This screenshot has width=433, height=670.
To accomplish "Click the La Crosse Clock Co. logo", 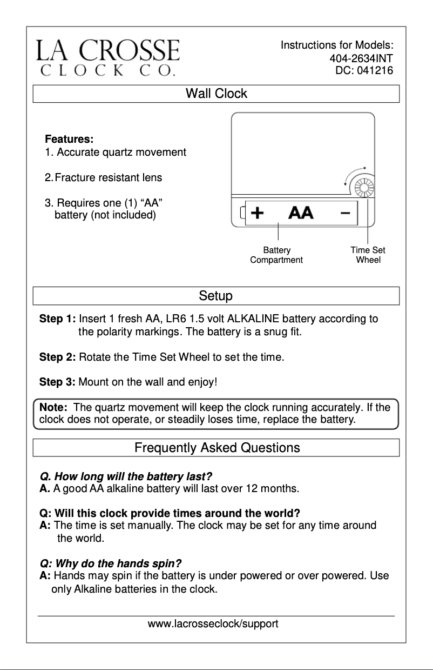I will click(x=108, y=57).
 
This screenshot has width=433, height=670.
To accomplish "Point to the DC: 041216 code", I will click(x=364, y=70).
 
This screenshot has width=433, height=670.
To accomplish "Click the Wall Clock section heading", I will click(x=216, y=94).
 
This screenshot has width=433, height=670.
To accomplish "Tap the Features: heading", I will click(x=69, y=139).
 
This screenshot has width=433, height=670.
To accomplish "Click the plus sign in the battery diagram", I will click(x=258, y=213).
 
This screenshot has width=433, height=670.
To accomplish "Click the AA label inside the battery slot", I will click(x=301, y=213).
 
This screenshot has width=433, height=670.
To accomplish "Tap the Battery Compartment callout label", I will click(x=276, y=255).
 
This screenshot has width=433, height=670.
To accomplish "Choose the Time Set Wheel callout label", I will click(x=368, y=255).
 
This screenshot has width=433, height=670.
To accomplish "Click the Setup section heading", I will click(x=216, y=296).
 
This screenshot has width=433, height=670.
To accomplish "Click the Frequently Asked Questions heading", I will click(x=217, y=448).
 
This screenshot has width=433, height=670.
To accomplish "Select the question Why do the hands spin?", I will click(x=111, y=563).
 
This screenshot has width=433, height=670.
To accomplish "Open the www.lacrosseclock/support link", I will click(x=213, y=624).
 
